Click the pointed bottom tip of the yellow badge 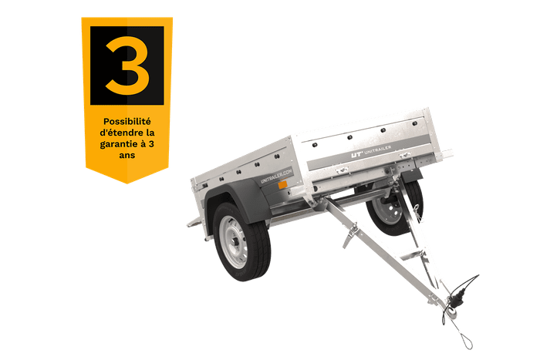click(127, 182)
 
